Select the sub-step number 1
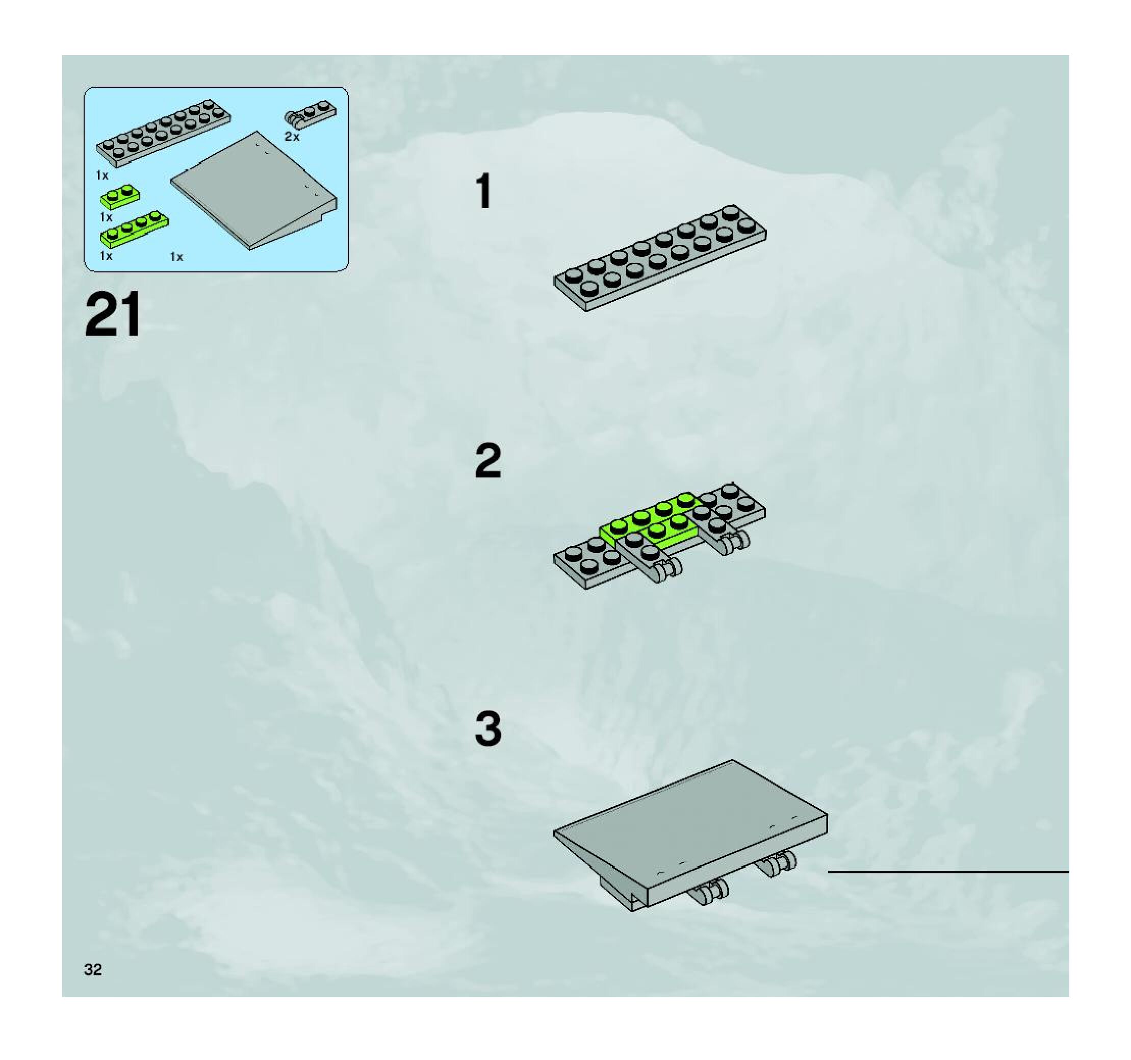(x=484, y=192)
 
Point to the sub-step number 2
(x=488, y=461)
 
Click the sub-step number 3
(x=488, y=729)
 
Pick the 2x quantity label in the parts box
(x=292, y=137)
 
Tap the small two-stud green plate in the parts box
(x=121, y=196)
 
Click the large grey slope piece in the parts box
(x=254, y=191)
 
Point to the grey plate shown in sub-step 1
(x=660, y=258)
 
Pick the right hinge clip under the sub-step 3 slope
(x=776, y=863)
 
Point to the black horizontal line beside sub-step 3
(x=948, y=872)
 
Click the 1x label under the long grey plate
(x=102, y=175)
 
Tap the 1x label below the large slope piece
(x=177, y=257)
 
